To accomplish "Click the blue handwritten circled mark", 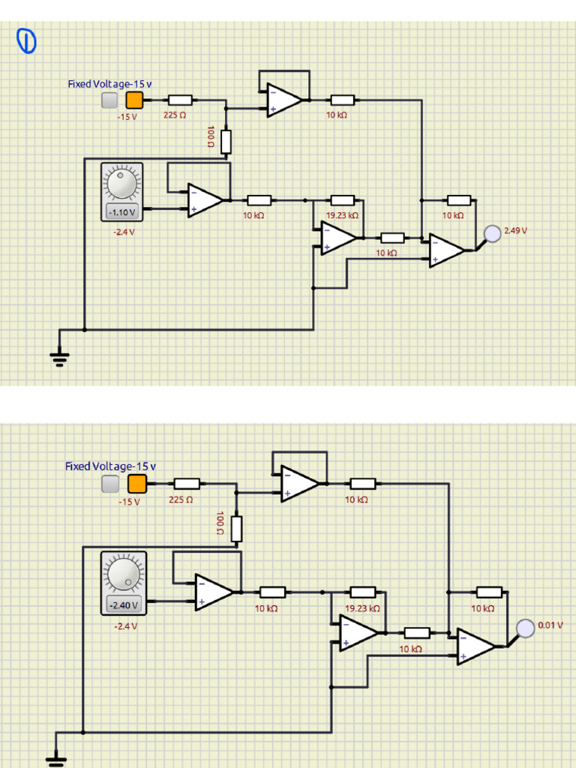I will point(26,42).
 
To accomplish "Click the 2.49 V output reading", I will point(515,231).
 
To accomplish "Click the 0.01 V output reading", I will point(550,625).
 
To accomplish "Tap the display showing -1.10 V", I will point(122,212).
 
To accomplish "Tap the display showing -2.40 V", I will point(123,605).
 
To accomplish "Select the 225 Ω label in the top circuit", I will point(175,115).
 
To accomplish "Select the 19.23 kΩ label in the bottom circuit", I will point(362,609).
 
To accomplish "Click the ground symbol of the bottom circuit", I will point(56,758).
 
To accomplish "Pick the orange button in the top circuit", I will point(134,100).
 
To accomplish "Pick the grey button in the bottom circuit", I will point(110,484).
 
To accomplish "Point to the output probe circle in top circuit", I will point(492,234).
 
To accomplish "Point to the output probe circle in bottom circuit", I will point(526,628).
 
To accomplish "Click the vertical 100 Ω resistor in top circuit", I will point(226,141).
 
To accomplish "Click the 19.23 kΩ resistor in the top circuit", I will point(343,200).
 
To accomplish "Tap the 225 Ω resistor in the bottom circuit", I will point(187,484).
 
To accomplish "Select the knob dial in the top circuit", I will point(122,183).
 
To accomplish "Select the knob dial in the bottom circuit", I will point(124,574).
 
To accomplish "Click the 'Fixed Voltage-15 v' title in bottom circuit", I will point(110,466).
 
